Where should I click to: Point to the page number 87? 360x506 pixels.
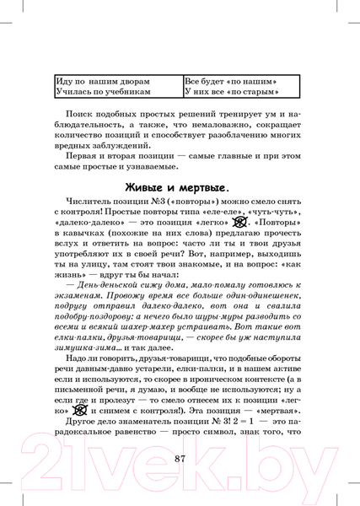(180, 457)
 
